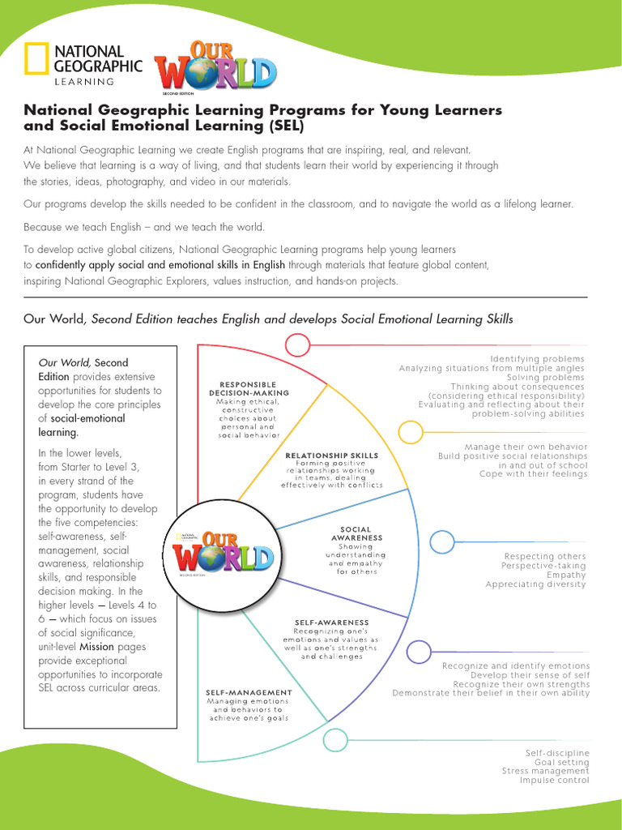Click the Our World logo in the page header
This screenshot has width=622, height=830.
(x=216, y=66)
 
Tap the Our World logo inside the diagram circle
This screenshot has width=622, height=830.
(x=223, y=557)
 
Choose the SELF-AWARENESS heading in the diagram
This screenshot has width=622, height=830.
(x=331, y=622)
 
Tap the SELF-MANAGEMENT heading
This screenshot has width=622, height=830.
(x=249, y=692)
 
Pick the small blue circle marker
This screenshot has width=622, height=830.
(x=442, y=541)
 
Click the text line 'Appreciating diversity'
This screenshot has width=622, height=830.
(x=536, y=584)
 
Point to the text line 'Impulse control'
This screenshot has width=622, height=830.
(x=555, y=781)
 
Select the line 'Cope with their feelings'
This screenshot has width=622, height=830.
(x=533, y=474)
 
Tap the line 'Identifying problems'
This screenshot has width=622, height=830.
(x=537, y=359)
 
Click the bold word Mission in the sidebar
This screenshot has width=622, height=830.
(x=96, y=647)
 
